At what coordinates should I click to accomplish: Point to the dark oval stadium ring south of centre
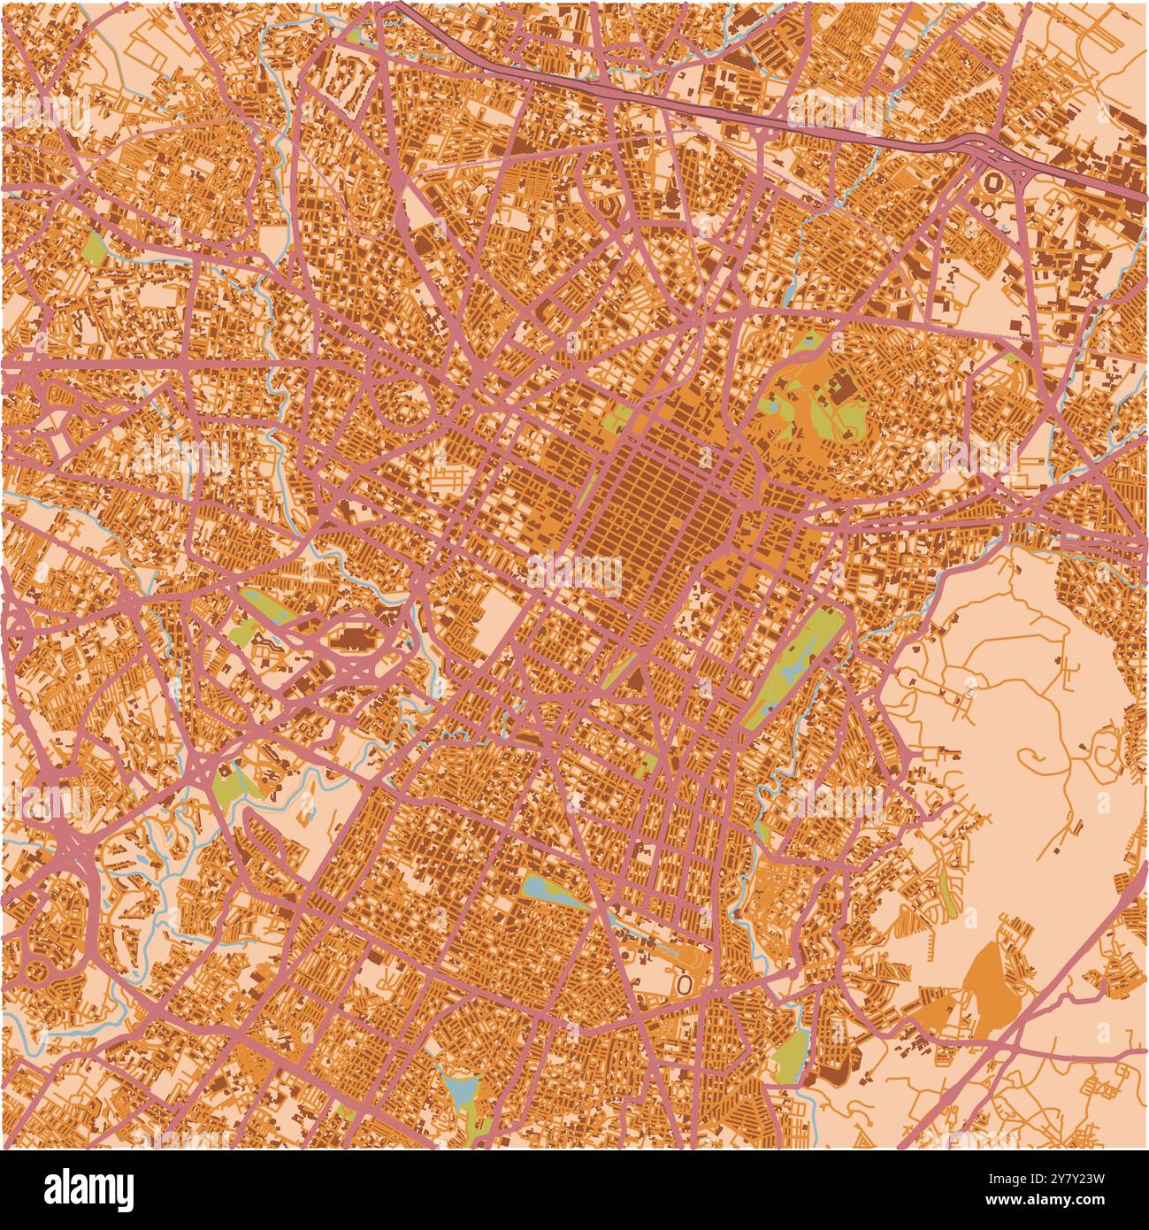tap(684, 983)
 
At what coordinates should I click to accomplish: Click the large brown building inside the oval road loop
tap(355, 638)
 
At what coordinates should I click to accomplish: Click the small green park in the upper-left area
tap(94, 247)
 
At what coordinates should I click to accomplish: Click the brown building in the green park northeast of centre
tap(839, 388)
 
